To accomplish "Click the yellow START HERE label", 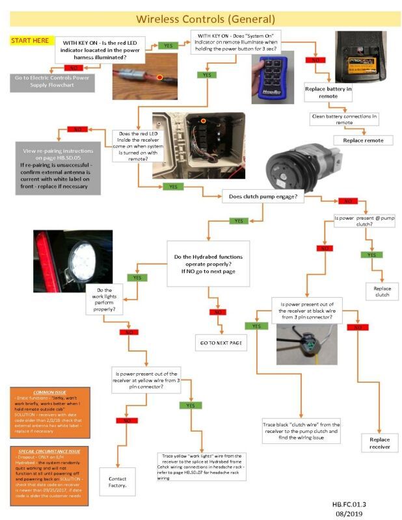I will coord(29,41).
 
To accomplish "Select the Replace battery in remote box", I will coord(328,92).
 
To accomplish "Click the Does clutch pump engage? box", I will coord(263,196).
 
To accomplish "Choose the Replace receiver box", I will coord(379,443).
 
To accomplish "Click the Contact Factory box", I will coord(118,482).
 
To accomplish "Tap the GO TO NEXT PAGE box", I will coord(221,342).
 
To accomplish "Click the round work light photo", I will coord(72,261).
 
